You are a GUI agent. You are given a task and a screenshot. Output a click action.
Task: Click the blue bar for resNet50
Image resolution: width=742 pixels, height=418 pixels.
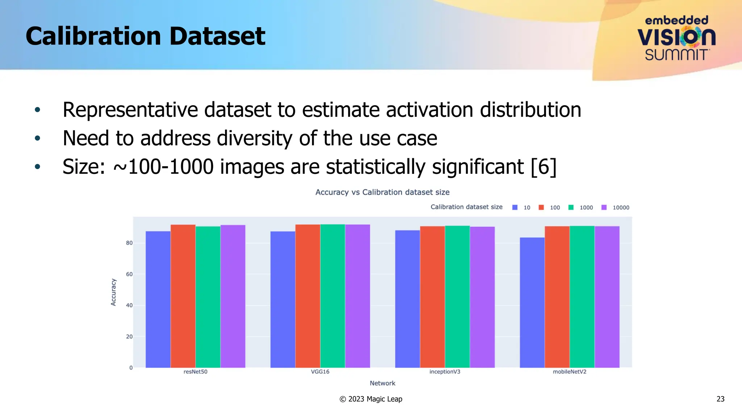(x=158, y=299)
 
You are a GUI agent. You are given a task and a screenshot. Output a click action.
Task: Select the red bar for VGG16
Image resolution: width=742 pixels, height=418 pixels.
(x=308, y=296)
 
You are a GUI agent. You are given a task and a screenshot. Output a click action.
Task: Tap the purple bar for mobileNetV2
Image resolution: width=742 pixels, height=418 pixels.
(x=607, y=297)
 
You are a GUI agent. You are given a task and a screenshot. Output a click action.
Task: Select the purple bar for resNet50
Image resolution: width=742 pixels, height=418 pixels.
(x=233, y=296)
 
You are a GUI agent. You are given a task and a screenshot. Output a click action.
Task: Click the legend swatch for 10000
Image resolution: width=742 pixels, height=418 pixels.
(x=604, y=207)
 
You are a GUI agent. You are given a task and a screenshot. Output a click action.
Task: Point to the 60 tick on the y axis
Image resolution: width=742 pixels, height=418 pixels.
(x=129, y=274)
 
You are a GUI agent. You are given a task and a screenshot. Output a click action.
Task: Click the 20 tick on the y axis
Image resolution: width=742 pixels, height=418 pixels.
(x=129, y=337)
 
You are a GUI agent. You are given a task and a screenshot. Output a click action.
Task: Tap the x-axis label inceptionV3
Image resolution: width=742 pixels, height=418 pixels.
(x=445, y=372)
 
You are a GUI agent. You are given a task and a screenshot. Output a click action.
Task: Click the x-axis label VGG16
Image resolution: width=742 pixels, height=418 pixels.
(x=320, y=372)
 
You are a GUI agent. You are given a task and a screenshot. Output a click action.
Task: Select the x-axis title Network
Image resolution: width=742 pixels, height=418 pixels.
(x=382, y=383)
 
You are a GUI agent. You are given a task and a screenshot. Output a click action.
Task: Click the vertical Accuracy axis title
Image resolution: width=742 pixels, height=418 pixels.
(x=113, y=292)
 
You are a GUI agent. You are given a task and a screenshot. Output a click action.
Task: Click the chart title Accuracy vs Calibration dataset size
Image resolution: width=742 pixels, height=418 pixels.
(x=382, y=192)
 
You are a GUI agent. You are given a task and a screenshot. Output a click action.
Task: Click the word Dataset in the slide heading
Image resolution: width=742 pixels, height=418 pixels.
(x=217, y=36)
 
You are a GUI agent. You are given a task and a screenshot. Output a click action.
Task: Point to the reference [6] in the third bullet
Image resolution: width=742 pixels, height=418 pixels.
(x=543, y=167)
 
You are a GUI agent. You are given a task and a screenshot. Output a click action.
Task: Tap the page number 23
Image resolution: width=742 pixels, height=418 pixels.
(x=720, y=399)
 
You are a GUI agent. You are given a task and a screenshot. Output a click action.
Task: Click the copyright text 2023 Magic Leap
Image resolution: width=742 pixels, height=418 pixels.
(x=375, y=399)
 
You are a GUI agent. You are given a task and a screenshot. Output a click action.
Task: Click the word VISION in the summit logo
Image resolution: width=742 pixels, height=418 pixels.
(x=676, y=37)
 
